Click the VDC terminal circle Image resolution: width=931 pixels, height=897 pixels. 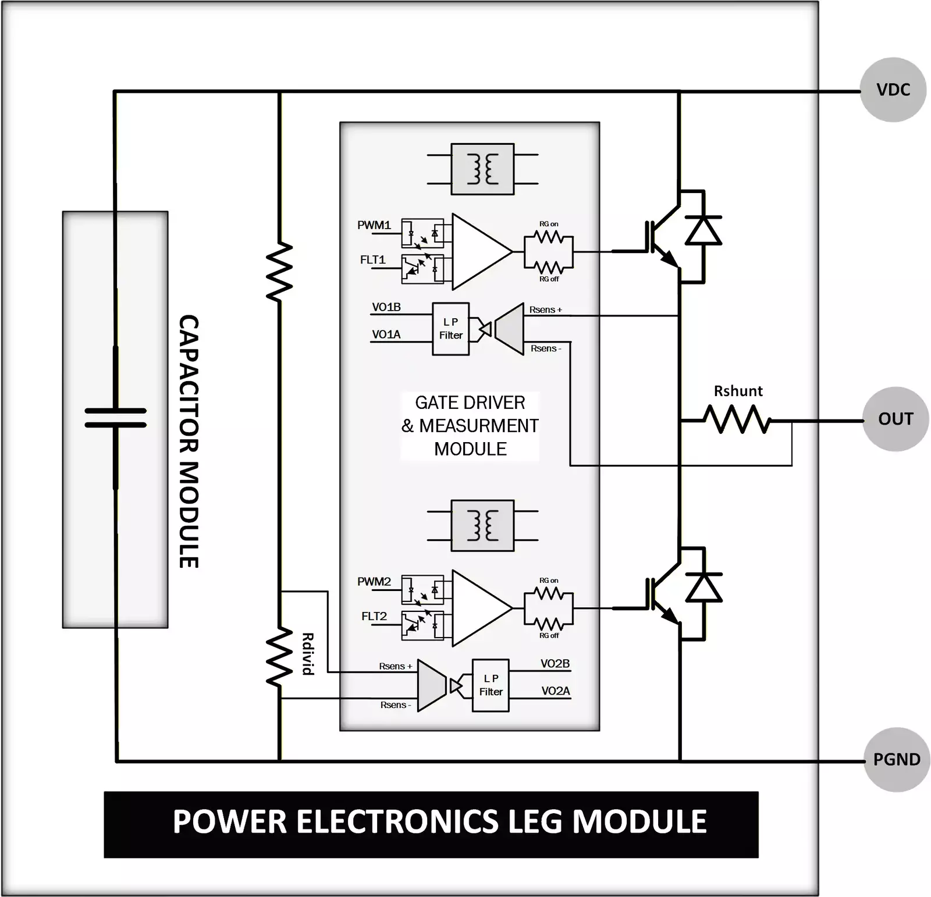point(893,90)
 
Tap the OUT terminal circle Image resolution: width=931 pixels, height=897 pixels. point(895,419)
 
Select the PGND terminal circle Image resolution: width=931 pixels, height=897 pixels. point(896,759)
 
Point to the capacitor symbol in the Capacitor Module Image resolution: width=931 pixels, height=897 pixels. point(116,418)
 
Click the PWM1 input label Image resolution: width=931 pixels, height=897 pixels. point(374,225)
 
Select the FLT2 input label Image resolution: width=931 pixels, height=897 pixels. point(374,616)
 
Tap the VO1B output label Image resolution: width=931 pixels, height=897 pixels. point(386,307)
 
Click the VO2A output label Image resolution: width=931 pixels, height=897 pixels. point(555,691)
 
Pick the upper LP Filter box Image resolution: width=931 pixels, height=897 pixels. point(451,329)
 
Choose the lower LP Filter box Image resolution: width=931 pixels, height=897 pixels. point(491,685)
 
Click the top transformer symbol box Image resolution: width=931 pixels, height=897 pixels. point(482,169)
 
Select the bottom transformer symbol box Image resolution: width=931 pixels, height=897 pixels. point(482,525)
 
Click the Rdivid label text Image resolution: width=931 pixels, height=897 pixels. point(308,654)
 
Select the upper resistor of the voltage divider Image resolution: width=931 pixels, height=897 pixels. point(279,272)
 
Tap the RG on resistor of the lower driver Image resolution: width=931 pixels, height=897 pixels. point(548,593)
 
